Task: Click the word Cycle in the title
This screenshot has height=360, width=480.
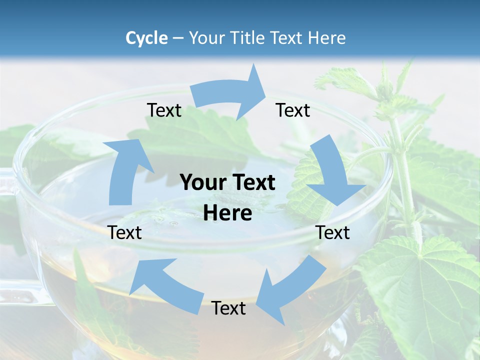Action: point(146,38)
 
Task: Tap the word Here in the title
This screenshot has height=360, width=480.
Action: point(327,38)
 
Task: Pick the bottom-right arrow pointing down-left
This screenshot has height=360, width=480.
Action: point(290,290)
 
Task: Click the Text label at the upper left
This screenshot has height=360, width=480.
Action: point(164,110)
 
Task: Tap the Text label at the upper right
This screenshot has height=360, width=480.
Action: point(293,110)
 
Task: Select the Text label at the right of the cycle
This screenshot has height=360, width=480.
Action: point(332,232)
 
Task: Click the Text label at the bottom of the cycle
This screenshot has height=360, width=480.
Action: point(228,308)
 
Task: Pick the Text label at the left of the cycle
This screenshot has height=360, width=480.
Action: point(124,232)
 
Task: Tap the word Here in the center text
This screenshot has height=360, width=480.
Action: point(227,213)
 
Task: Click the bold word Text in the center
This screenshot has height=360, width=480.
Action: point(252,183)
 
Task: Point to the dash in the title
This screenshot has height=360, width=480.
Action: point(177,38)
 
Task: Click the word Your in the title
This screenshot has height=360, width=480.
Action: point(206,38)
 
